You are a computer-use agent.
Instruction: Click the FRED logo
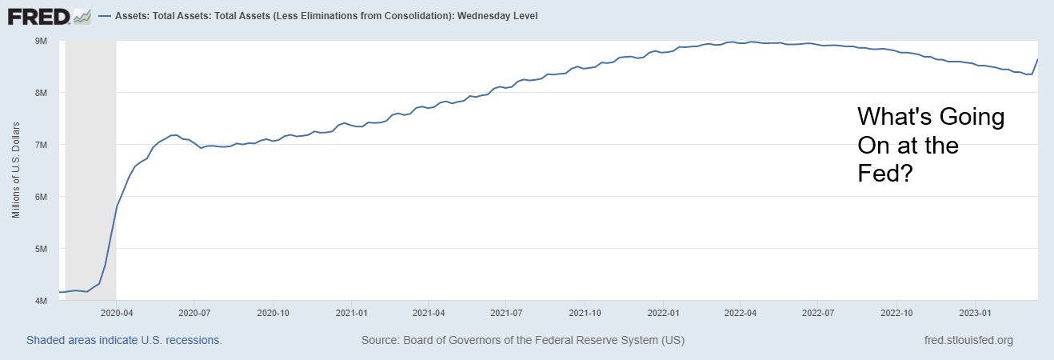point(49,15)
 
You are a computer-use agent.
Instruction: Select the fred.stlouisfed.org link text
point(968,340)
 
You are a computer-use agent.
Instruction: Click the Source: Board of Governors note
point(523,340)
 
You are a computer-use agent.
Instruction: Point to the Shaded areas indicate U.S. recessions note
point(124,340)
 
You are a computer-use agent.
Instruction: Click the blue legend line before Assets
point(105,16)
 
